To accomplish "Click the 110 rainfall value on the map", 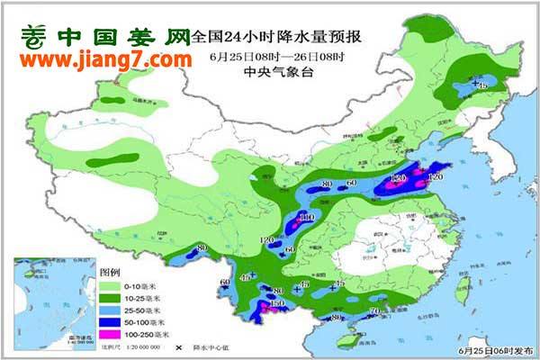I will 306,217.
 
